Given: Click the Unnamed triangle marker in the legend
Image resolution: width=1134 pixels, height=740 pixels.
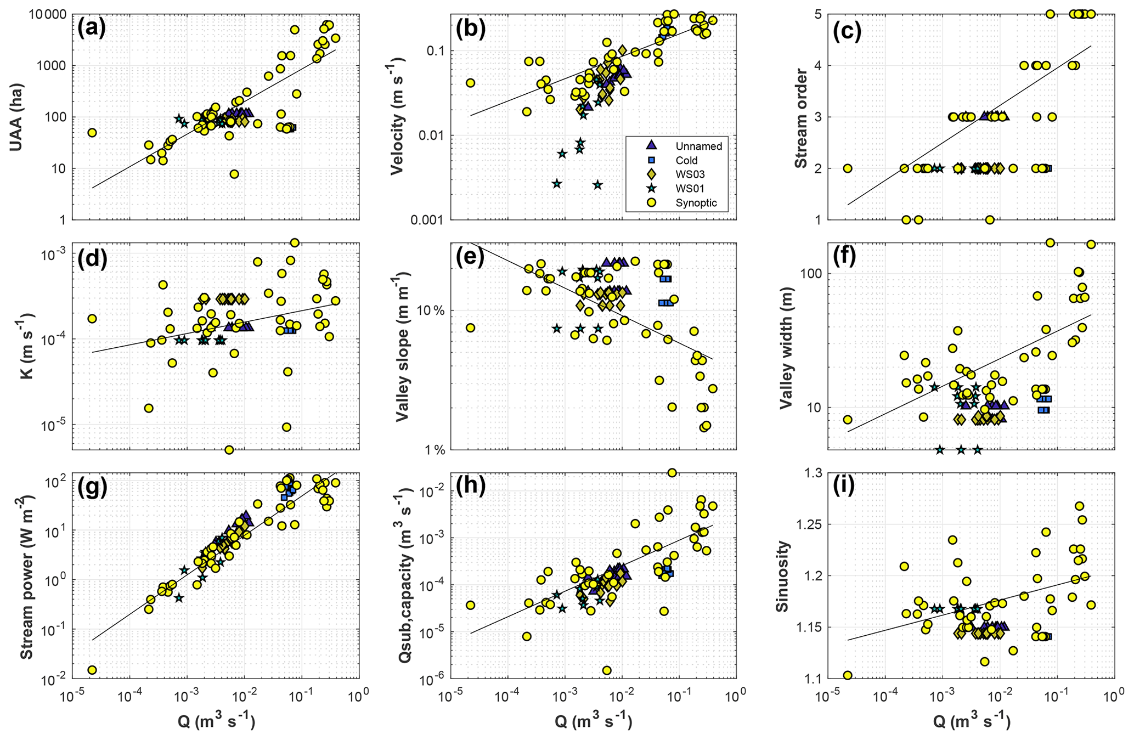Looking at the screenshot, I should click(x=651, y=145).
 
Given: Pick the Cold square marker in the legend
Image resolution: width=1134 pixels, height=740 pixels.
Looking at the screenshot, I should click(x=651, y=160).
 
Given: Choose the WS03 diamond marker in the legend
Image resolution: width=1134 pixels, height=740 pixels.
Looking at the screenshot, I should click(x=651, y=174).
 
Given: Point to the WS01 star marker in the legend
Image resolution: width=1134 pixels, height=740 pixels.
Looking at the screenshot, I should click(x=651, y=188).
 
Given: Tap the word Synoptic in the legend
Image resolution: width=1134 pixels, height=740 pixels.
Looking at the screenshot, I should click(x=696, y=203).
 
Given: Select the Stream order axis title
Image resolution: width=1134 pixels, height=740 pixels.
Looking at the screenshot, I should click(x=800, y=117).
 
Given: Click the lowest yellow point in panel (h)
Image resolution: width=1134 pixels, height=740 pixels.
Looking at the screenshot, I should click(x=606, y=670).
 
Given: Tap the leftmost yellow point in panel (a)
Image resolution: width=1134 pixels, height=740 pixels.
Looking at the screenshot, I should click(x=92, y=133).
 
